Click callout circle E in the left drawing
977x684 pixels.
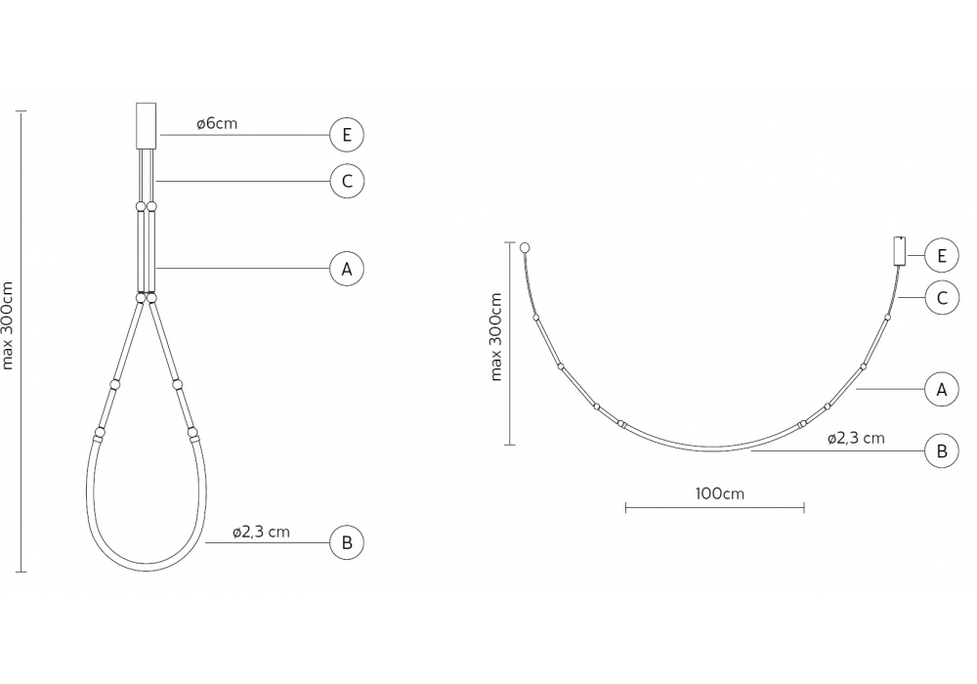[x=347, y=135]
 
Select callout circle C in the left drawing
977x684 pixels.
[x=347, y=182]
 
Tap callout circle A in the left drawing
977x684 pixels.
[x=347, y=269]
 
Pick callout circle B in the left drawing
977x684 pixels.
[x=347, y=542]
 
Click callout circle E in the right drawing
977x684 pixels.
[x=942, y=255]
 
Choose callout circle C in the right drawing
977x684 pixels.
[x=942, y=298]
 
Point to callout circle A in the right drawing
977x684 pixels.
[x=942, y=389]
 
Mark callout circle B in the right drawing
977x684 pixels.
[x=942, y=450]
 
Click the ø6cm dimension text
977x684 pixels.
[x=217, y=123]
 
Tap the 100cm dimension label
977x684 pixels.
[x=720, y=493]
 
